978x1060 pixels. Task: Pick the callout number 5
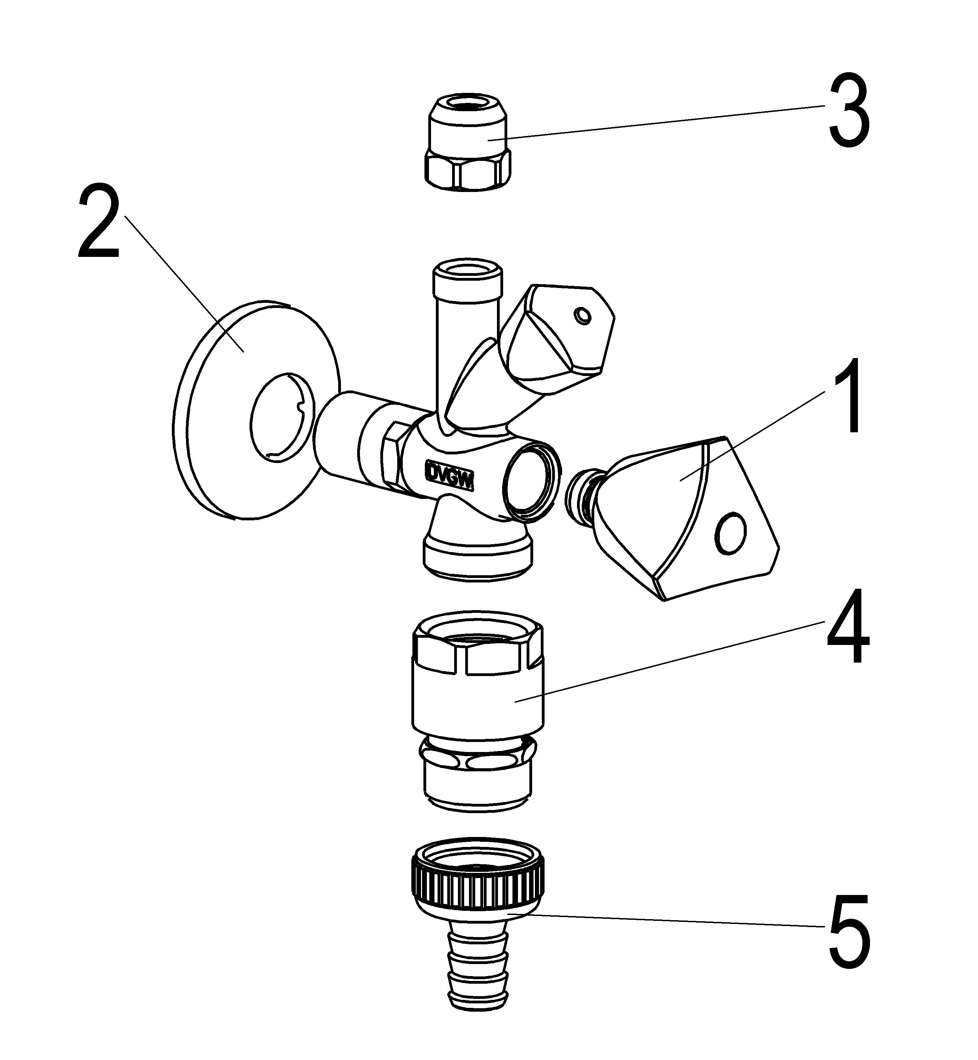[x=849, y=930]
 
